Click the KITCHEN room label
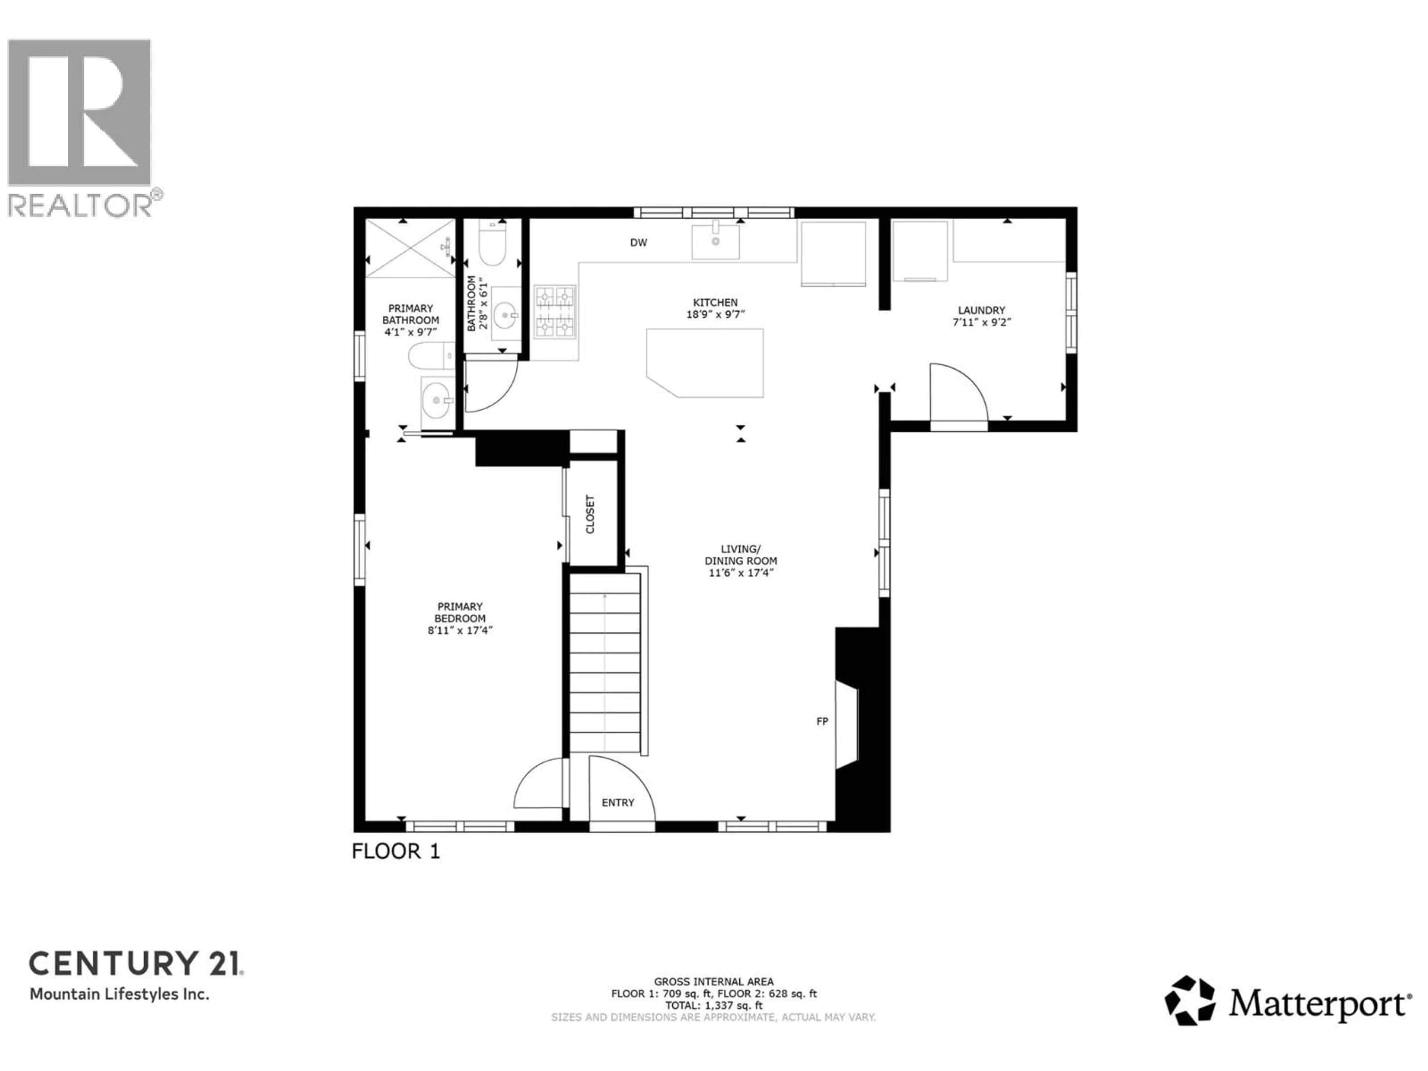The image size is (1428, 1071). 715,302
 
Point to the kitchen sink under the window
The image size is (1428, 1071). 715,241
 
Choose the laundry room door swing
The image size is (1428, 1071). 957,394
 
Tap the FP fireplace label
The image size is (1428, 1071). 822,721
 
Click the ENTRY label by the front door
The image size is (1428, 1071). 618,803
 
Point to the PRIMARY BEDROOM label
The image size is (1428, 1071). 460,612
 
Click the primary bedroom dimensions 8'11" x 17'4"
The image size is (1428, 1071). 460,630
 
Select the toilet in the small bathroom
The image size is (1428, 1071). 493,250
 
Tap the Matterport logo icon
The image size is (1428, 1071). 1189,1001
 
